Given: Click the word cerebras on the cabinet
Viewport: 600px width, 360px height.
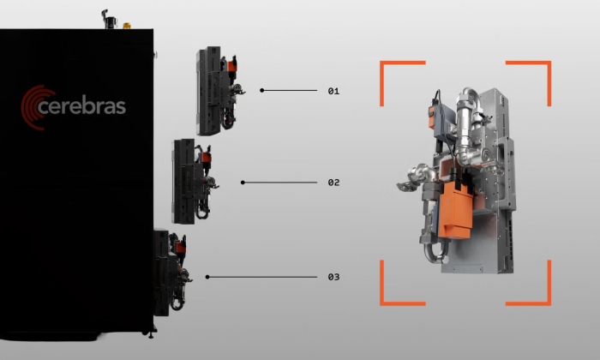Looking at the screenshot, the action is click(x=82, y=107).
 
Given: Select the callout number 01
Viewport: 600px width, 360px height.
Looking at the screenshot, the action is click(x=333, y=91).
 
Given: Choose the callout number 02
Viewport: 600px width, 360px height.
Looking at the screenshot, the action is click(x=333, y=183).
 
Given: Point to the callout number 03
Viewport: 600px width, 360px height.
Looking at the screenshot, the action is click(x=333, y=277).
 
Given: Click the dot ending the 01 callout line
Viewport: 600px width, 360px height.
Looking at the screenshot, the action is click(x=261, y=90).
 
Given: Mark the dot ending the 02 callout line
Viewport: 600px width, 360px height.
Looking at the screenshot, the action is click(x=243, y=183).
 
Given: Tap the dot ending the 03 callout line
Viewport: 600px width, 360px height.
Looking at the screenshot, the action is click(x=207, y=277).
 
